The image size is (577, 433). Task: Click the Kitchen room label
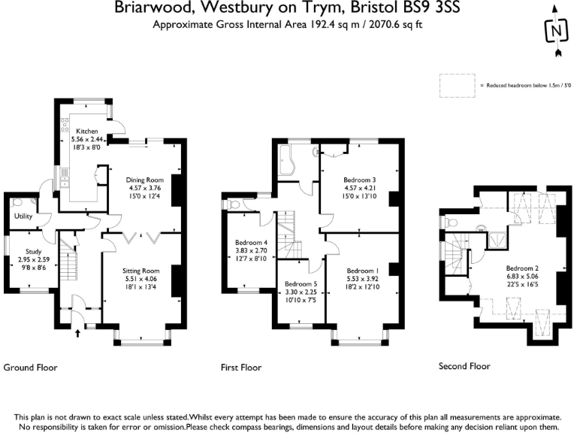[87, 131]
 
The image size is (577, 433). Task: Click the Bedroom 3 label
[359, 180]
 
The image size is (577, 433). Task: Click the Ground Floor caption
[31, 368]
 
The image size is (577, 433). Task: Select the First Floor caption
[240, 368]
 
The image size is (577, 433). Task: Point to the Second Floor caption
[464, 366]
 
